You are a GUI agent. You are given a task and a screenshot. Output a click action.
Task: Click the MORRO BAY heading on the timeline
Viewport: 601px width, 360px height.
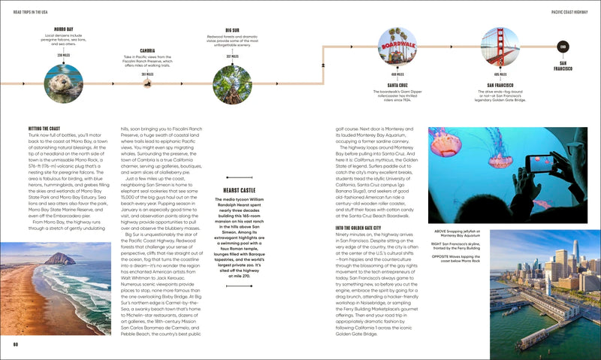pyautogui.click(x=64, y=29)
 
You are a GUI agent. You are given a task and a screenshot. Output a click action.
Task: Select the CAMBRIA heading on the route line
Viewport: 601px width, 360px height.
pyautogui.click(x=147, y=51)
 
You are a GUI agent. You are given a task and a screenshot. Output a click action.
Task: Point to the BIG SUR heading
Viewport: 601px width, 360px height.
pyautogui.click(x=232, y=30)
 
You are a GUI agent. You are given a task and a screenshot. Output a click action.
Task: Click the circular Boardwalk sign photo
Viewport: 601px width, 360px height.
pyautogui.click(x=397, y=47)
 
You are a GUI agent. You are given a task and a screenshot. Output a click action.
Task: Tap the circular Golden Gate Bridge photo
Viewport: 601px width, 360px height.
pyautogui.click(x=500, y=47)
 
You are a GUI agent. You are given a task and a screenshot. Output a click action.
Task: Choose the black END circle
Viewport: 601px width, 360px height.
pyautogui.click(x=562, y=47)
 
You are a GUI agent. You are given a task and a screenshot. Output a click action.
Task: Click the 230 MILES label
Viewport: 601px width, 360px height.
pyautogui.click(x=64, y=55)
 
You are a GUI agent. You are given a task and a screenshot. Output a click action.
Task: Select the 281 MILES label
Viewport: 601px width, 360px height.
pyautogui.click(x=147, y=74)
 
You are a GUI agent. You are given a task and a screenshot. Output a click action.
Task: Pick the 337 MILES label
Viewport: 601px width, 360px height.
pyautogui.click(x=232, y=56)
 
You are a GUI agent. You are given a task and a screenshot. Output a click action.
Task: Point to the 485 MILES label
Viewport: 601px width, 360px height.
pyautogui.click(x=500, y=74)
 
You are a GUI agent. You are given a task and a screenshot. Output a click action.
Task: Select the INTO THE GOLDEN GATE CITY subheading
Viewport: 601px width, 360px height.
pyautogui.click(x=358, y=228)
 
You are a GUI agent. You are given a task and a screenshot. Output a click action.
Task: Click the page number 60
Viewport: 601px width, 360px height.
pyautogui.click(x=14, y=344)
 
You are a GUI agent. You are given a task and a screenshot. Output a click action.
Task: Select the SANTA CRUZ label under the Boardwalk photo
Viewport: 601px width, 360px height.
pyautogui.click(x=397, y=85)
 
